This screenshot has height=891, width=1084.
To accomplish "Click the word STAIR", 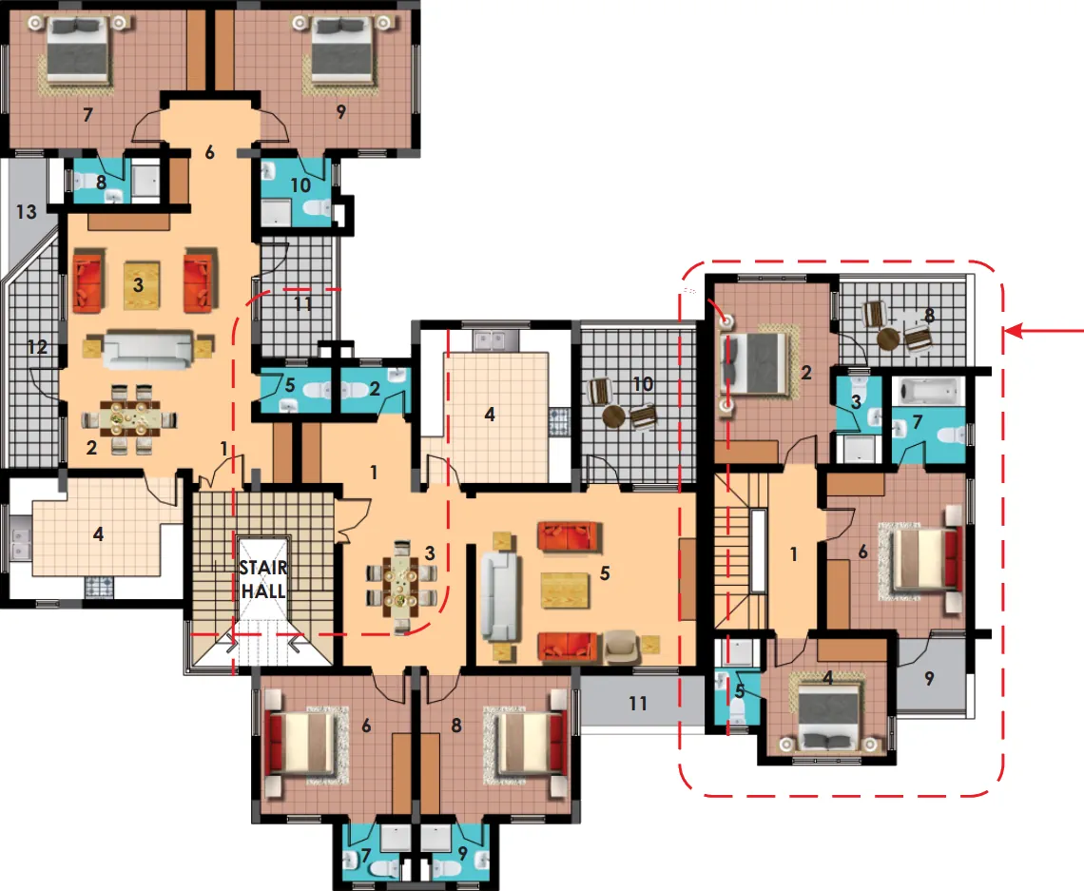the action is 262,568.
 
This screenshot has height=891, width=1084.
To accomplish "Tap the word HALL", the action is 263,591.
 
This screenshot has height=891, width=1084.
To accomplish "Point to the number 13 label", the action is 27,211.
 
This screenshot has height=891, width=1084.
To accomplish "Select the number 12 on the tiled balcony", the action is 37,346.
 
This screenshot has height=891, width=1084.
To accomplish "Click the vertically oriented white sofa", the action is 499,596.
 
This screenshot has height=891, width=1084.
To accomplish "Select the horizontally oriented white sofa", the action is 147,349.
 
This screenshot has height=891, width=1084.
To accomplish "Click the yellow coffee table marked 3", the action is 142,284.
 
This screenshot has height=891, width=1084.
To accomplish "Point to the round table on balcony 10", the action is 613,416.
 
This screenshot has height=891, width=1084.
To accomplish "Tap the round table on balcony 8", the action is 888,339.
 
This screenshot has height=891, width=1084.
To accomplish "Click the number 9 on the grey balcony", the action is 929,679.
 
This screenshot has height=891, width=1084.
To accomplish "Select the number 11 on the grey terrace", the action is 637,704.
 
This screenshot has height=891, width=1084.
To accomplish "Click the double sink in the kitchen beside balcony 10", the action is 495,340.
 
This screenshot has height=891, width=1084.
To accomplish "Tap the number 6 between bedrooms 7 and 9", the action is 209,152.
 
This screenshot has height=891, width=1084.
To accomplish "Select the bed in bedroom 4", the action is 828,715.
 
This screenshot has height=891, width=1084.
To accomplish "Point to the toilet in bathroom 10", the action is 318,206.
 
